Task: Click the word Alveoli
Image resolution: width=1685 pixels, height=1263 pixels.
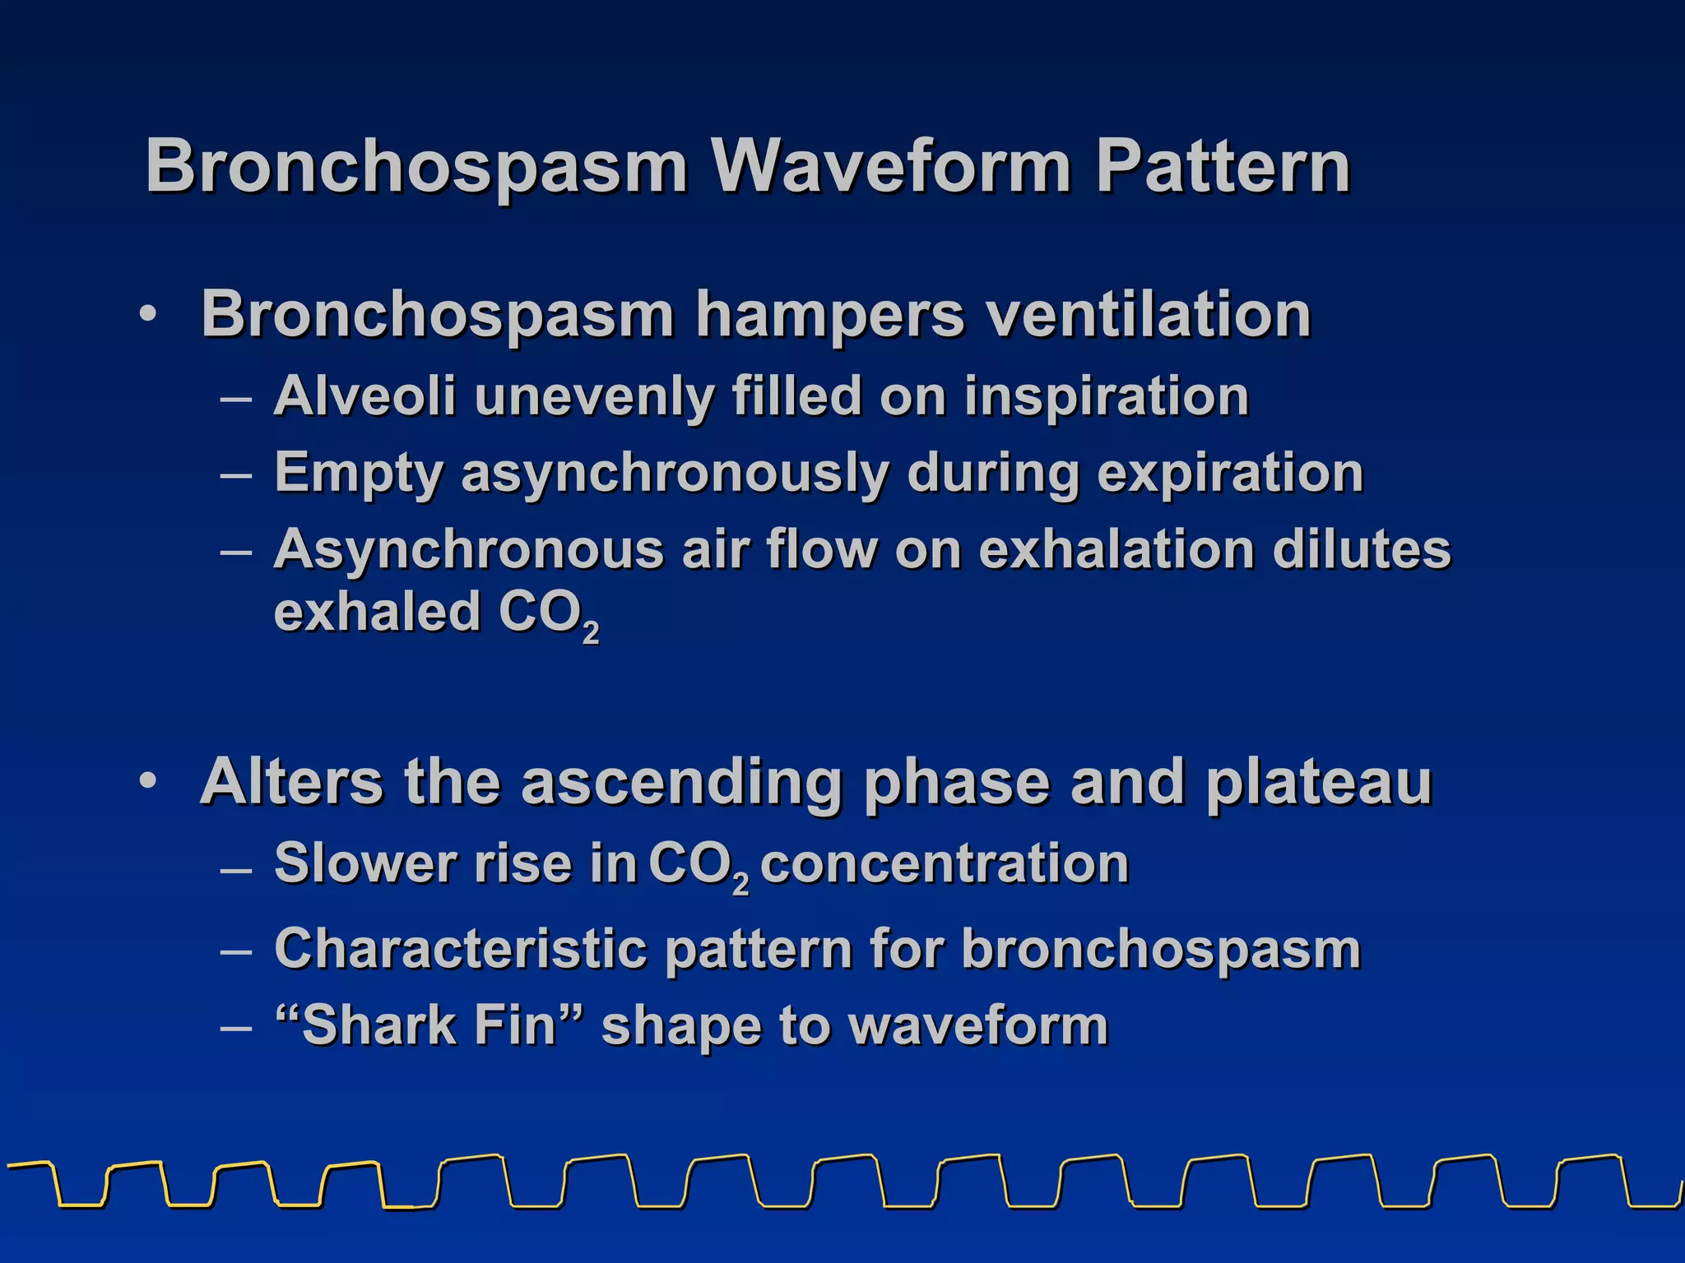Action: (x=364, y=396)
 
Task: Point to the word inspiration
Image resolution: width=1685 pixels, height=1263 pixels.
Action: (x=1107, y=398)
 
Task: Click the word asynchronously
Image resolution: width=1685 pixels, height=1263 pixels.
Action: (x=675, y=474)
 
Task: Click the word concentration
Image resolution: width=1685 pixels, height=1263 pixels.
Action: (x=945, y=864)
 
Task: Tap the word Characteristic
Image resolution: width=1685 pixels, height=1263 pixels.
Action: (x=461, y=949)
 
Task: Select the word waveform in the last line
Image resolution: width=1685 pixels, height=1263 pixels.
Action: (x=977, y=1026)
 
